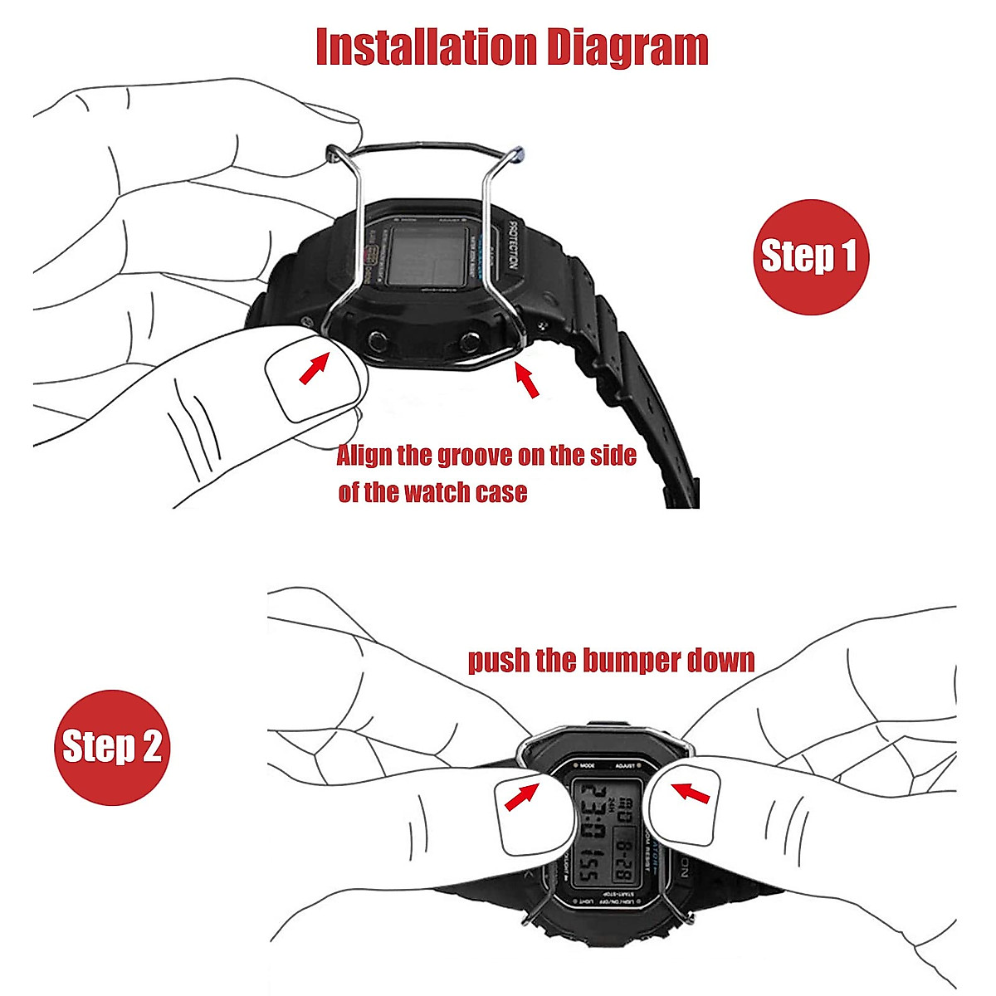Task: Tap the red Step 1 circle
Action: (809, 256)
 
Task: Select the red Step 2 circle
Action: (112, 747)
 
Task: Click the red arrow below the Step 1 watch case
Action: (526, 380)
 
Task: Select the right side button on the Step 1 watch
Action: (471, 340)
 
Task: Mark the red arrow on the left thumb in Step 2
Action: (520, 798)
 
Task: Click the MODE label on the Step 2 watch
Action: (588, 765)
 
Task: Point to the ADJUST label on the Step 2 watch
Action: (624, 766)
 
